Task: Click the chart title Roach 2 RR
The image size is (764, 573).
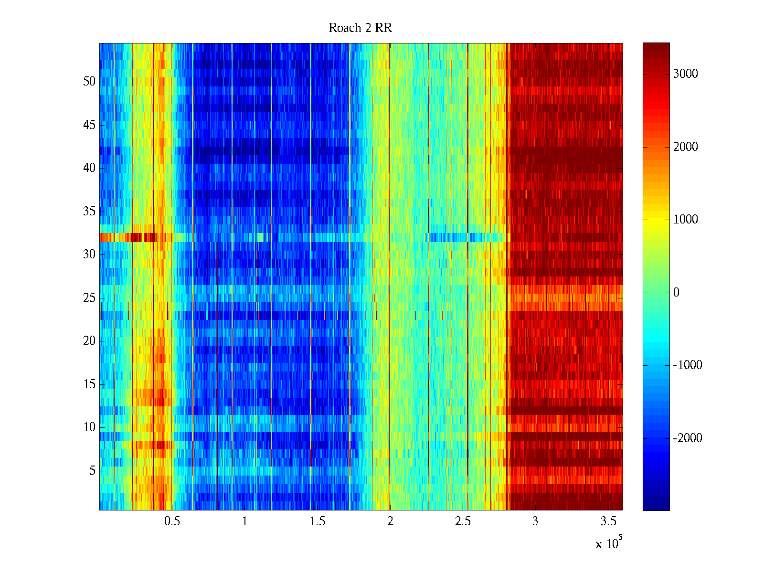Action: point(360,28)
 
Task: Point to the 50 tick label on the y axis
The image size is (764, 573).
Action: point(89,82)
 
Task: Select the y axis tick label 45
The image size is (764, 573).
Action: point(89,125)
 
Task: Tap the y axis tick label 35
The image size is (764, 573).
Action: point(89,211)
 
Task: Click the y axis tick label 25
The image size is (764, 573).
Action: point(89,298)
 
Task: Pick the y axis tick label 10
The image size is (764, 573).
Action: point(89,427)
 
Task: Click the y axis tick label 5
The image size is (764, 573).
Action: point(92,471)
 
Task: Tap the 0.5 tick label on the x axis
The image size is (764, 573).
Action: point(172,521)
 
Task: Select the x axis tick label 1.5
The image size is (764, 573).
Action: point(318,521)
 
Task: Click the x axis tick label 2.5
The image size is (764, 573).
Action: point(463,521)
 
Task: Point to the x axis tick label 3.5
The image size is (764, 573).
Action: point(608,521)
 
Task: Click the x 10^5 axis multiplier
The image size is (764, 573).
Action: point(608,543)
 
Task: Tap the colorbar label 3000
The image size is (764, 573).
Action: point(686,74)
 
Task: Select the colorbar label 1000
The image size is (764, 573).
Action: point(686,220)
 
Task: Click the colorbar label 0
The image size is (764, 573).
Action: point(676,293)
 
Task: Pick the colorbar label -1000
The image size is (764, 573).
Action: point(688,365)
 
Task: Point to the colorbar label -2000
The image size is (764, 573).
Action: point(688,438)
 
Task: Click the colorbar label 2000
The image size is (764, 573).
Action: point(686,147)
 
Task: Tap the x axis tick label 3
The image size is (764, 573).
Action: point(535,521)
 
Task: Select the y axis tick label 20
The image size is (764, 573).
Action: point(89,341)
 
